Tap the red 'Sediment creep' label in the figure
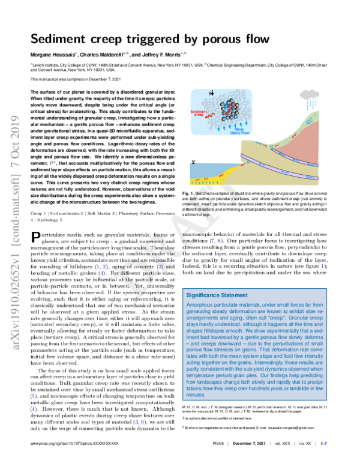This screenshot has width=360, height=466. tap(198, 113)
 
